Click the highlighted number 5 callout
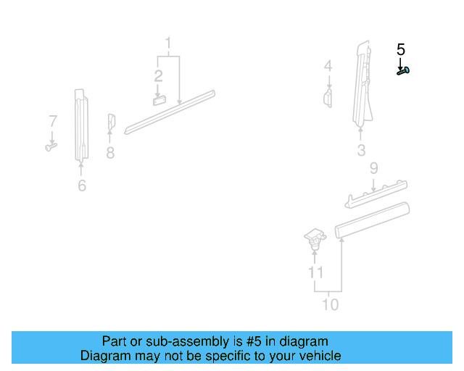(x=401, y=50)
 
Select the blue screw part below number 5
(x=403, y=71)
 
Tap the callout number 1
(x=168, y=42)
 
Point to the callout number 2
(x=157, y=75)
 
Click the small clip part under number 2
(x=159, y=100)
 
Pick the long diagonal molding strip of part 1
(x=171, y=112)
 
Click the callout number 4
(x=328, y=66)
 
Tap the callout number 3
(x=361, y=151)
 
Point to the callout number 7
(x=52, y=120)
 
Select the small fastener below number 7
(x=51, y=147)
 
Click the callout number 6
(x=82, y=186)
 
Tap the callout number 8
(x=110, y=153)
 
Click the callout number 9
(x=373, y=168)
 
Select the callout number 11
(x=315, y=272)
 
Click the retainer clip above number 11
(x=314, y=238)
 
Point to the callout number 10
(x=330, y=304)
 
